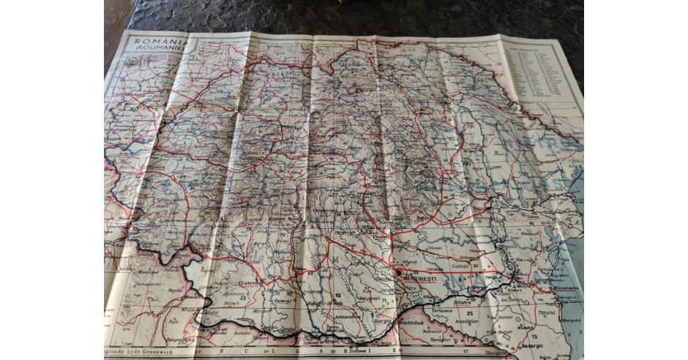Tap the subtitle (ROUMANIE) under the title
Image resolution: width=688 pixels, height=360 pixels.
(x=156, y=53)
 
